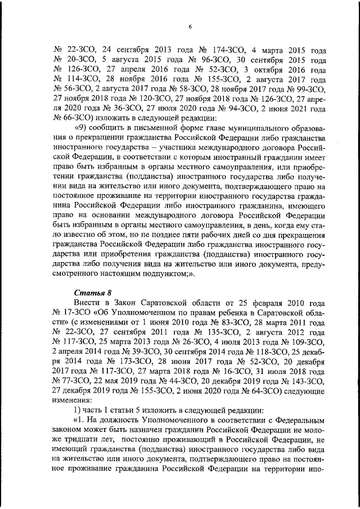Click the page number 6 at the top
pos(190,26)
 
